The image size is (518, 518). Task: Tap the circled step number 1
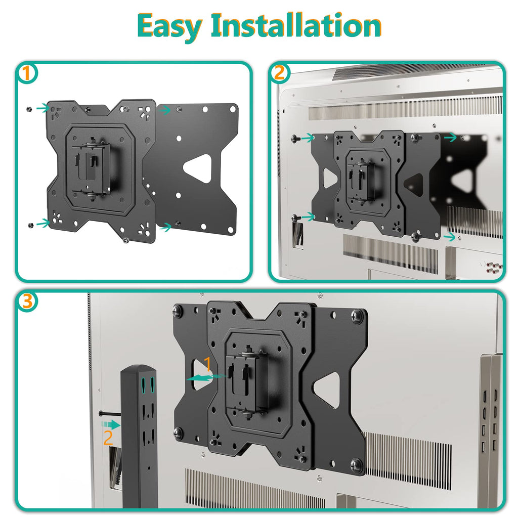pyautogui.click(x=28, y=74)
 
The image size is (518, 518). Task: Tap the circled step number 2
pyautogui.click(x=279, y=74)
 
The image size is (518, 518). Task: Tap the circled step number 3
pyautogui.click(x=28, y=302)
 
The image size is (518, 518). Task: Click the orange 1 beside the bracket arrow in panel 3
pyautogui.click(x=207, y=364)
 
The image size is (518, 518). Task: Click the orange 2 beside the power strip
pyautogui.click(x=108, y=438)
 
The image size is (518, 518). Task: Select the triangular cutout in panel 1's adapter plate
pyautogui.click(x=199, y=169)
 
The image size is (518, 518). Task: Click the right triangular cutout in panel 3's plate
pyautogui.click(x=327, y=390)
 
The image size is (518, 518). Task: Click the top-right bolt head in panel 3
pyautogui.click(x=357, y=314)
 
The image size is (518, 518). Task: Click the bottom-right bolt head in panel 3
pyautogui.click(x=357, y=464)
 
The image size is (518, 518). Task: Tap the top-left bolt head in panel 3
pyautogui.click(x=178, y=311)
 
